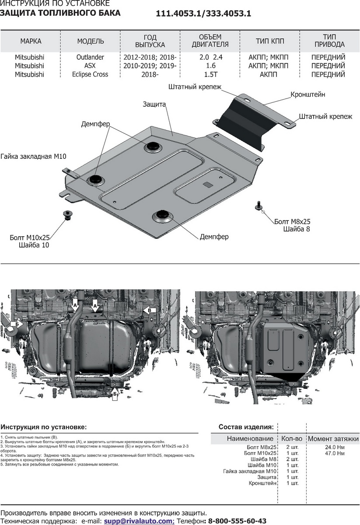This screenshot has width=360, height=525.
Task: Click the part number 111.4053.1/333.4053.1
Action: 203,14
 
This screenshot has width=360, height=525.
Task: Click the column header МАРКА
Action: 31,41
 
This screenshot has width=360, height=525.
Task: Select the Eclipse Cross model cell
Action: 90,74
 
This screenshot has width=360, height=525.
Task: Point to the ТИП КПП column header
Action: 270,41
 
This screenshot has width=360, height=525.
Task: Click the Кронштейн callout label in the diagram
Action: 308,94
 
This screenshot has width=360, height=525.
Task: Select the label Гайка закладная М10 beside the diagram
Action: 33,156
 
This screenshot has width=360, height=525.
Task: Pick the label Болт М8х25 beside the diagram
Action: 292,221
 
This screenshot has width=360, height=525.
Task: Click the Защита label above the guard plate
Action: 154,104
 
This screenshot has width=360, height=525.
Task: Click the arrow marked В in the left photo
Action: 149,310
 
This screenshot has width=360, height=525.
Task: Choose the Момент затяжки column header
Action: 333,438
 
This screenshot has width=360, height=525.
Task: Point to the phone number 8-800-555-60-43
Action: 237,521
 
